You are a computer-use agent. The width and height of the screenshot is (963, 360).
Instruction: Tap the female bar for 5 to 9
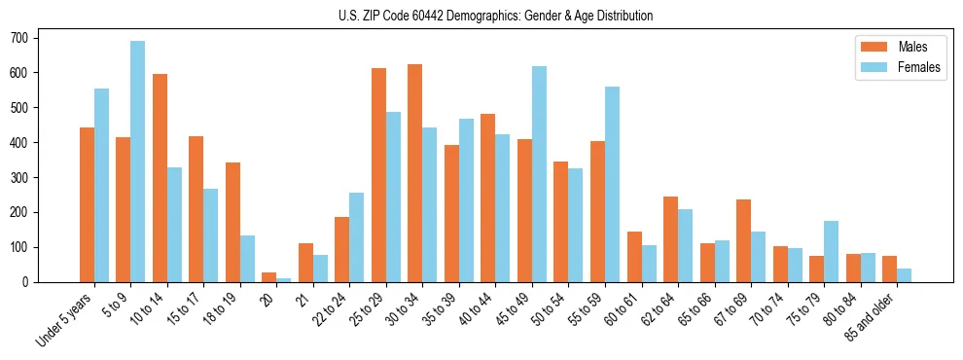click(x=138, y=162)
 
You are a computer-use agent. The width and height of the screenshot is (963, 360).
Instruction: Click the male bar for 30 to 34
click(x=415, y=173)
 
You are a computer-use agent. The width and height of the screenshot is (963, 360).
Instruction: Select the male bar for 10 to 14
click(x=160, y=178)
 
